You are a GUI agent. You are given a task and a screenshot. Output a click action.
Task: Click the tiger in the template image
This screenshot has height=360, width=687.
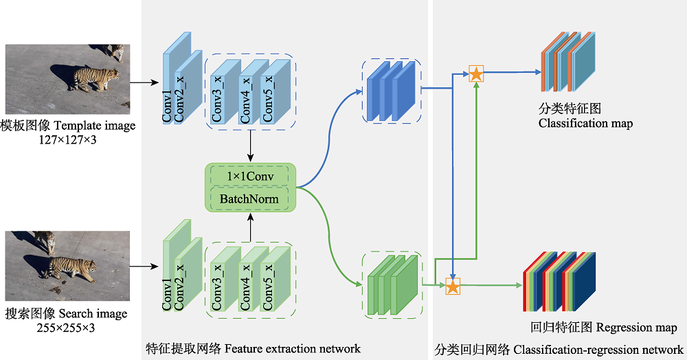point(95,77)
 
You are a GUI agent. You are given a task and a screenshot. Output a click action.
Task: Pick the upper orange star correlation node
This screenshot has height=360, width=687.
point(475,74)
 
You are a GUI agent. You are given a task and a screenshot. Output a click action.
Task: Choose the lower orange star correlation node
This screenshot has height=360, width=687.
point(453,286)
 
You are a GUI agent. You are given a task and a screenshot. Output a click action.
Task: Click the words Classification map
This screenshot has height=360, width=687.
point(585,124)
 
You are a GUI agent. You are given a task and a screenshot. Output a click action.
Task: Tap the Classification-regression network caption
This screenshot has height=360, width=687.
point(598,349)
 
